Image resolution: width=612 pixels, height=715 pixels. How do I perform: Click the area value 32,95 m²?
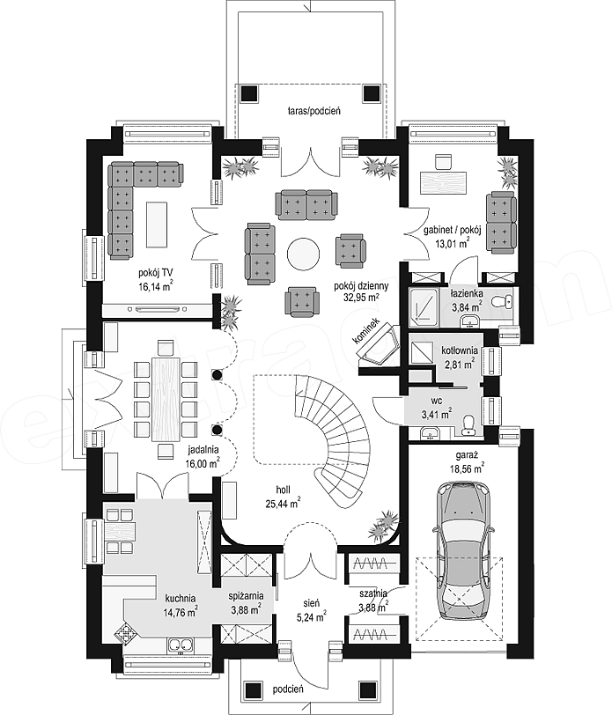361,298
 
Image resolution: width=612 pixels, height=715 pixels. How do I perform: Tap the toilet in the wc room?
468,424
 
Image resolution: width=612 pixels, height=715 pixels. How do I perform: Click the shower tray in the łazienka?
424,308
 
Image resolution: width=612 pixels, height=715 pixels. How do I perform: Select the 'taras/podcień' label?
314,110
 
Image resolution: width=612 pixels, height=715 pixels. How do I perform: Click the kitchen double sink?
181,645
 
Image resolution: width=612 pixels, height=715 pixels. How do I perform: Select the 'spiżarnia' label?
246,595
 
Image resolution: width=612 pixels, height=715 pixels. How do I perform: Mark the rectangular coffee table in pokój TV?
157,225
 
